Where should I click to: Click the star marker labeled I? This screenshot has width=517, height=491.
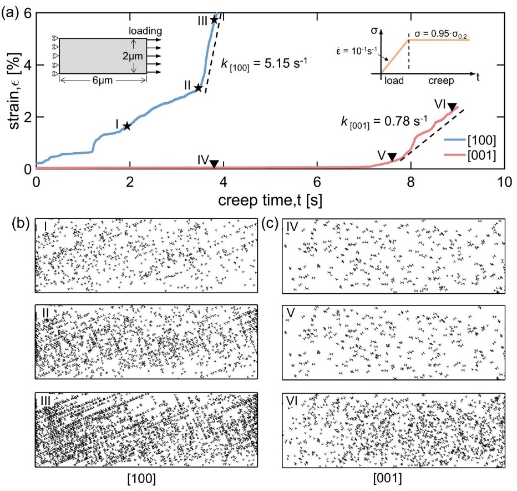[127, 126]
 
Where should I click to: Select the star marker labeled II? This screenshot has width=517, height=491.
[198, 88]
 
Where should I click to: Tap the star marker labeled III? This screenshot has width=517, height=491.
[214, 20]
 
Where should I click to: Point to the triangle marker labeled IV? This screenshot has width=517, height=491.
[214, 164]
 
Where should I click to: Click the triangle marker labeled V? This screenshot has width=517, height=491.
[392, 157]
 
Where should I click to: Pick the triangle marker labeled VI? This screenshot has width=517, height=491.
[452, 107]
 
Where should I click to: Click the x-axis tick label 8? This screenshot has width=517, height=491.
[410, 182]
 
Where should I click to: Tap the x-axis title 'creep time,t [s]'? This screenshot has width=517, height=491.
[270, 200]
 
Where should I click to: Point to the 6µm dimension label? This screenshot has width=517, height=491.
[103, 80]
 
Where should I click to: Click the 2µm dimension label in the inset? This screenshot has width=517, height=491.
[133, 56]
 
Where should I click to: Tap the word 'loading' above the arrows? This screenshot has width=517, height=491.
[145, 31]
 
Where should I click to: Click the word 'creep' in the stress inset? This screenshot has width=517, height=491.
[441, 81]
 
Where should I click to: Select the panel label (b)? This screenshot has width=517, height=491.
[21, 224]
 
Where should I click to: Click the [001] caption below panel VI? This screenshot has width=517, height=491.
[387, 478]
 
